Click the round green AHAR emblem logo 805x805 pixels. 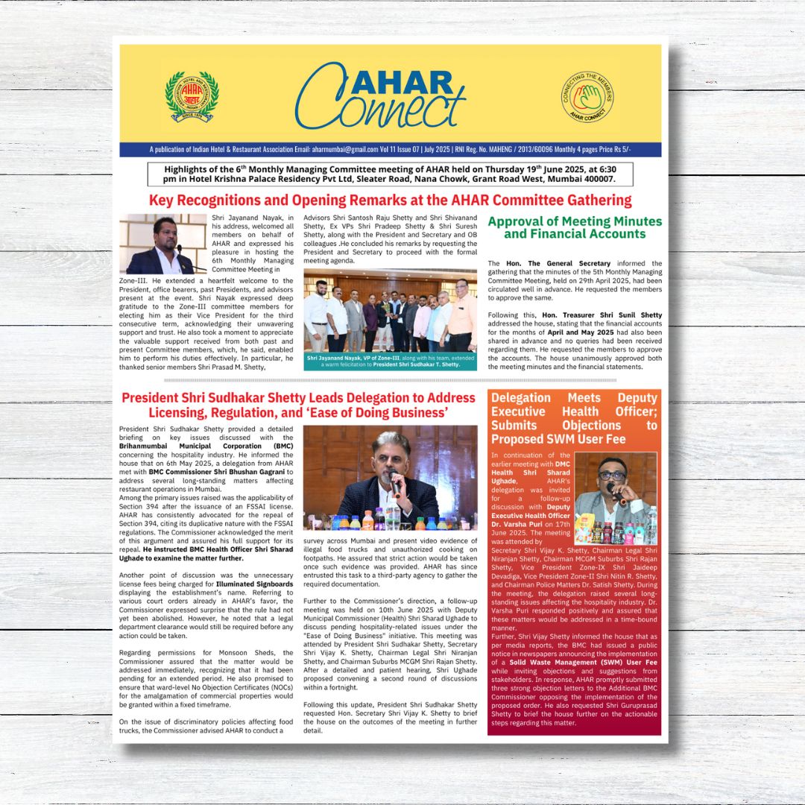pyautogui.click(x=192, y=95)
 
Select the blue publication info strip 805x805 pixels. pyautogui.click(x=390, y=150)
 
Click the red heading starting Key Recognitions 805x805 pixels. pyautogui.click(x=390, y=201)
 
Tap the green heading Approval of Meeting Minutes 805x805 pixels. pyautogui.click(x=575, y=227)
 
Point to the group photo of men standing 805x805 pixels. pyautogui.click(x=390, y=311)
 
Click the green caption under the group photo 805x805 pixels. pyautogui.click(x=390, y=362)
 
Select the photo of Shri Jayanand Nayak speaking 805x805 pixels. pyautogui.click(x=163, y=244)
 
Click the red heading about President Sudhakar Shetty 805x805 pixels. pyautogui.click(x=298, y=405)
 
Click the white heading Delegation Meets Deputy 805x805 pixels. pyautogui.click(x=574, y=418)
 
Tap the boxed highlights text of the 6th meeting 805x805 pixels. pyautogui.click(x=390, y=174)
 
